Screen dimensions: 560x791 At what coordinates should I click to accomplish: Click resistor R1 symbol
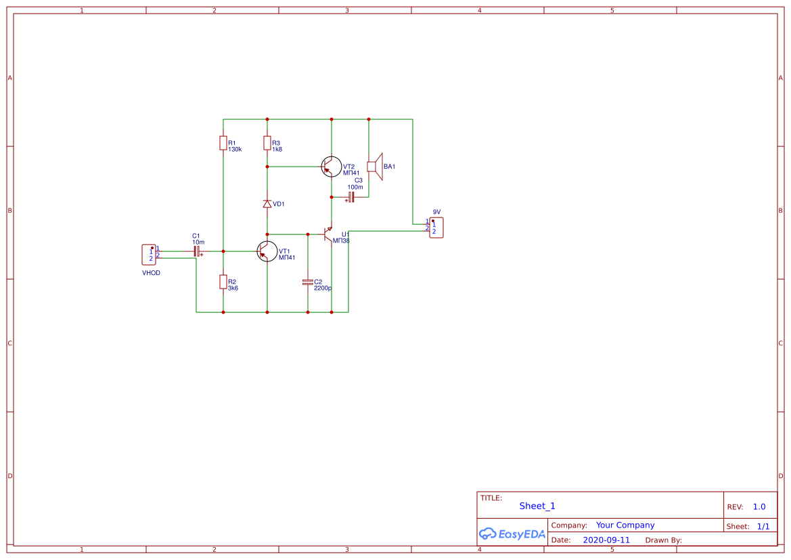tap(223, 142)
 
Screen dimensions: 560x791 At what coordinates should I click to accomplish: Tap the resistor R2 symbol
tap(223, 282)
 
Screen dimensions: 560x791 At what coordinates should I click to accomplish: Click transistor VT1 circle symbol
tap(267, 251)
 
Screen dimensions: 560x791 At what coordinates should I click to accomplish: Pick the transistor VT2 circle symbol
tap(332, 167)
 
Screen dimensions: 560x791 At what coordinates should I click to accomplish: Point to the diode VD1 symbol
tap(267, 204)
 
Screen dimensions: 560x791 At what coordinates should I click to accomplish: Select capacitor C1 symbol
tap(197, 251)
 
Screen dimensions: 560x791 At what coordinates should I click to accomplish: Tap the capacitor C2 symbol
tap(308, 282)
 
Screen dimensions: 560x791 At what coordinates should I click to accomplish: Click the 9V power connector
tap(436, 228)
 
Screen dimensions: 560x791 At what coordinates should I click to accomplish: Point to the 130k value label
tap(235, 150)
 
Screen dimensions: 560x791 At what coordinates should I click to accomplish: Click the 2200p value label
tap(323, 288)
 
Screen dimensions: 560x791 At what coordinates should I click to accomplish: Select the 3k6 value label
tap(233, 288)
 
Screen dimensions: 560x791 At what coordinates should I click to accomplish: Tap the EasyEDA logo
tap(512, 534)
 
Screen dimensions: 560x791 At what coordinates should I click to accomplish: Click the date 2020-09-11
tap(606, 540)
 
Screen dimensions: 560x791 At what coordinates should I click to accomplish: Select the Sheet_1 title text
tap(537, 506)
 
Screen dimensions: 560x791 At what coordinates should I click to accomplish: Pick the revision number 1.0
tap(759, 507)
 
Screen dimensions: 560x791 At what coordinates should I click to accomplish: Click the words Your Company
tap(625, 525)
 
